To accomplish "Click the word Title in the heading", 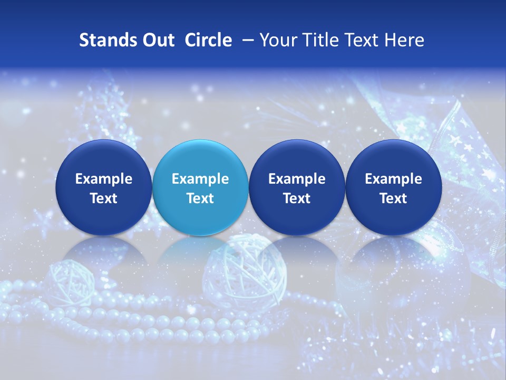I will pos(320,40).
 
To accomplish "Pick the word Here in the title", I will pos(404,40).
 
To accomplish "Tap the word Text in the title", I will pos(361,40).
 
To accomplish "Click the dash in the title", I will pos(246,40).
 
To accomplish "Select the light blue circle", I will pos(200,188).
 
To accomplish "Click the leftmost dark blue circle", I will pos(103,188).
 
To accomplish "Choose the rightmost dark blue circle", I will pos(393,188).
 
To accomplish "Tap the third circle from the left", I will pos(297,188).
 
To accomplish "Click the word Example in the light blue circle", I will pos(200,179).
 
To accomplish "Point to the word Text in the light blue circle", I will pos(200,198).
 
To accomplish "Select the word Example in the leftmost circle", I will pos(103,179).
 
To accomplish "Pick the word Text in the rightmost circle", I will pos(393,198).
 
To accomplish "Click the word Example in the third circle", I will pos(297,179).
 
